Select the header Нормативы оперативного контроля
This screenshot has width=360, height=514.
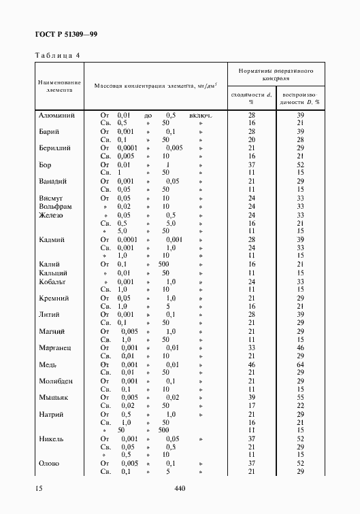(x=276, y=74)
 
